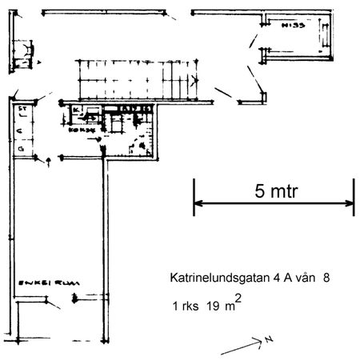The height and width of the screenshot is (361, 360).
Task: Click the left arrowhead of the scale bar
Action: point(197,205)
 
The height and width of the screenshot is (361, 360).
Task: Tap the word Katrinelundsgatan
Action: point(219,279)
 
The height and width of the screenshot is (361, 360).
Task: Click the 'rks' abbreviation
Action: point(190,306)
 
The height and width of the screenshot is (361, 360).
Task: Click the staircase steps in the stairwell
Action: point(132,79)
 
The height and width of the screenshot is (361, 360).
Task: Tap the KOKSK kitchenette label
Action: point(80,129)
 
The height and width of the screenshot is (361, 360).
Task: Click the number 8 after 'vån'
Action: point(326,279)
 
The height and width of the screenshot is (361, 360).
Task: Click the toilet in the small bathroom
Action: point(142,145)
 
